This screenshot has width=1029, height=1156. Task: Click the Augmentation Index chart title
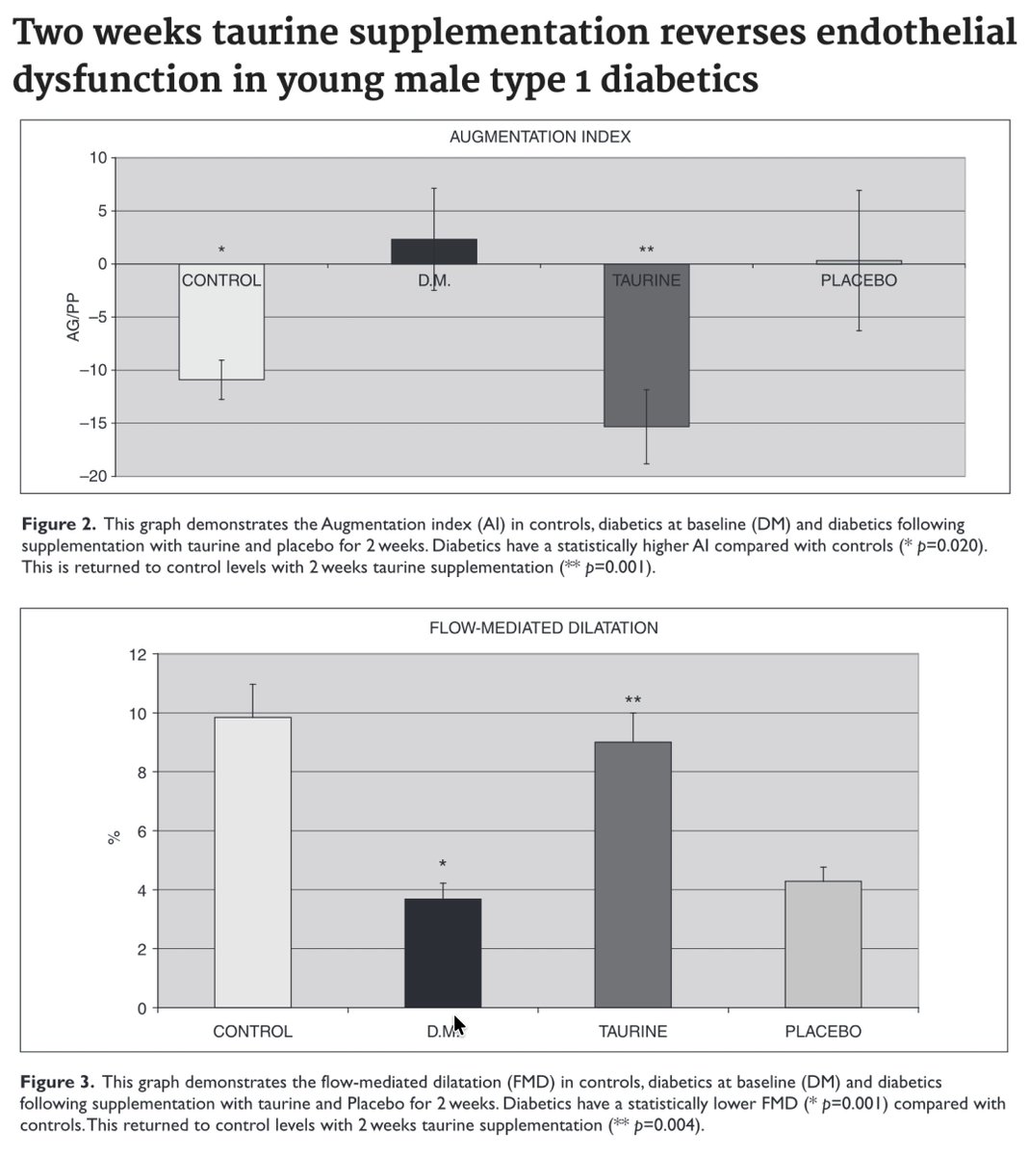tap(540, 137)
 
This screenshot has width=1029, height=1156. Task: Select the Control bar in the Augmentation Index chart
tap(221, 332)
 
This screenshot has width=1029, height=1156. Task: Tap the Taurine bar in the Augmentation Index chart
tap(646, 356)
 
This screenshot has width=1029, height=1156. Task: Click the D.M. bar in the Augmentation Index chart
tap(434, 251)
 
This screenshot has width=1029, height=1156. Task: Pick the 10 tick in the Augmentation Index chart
tap(98, 158)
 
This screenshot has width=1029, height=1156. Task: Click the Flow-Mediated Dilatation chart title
tap(543, 628)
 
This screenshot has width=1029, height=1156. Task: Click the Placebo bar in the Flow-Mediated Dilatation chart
tap(823, 944)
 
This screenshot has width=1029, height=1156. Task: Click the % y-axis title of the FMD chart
tap(113, 837)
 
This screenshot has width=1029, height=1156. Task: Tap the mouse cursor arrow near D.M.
tap(459, 1025)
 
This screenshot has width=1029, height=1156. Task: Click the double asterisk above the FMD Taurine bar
tap(632, 700)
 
